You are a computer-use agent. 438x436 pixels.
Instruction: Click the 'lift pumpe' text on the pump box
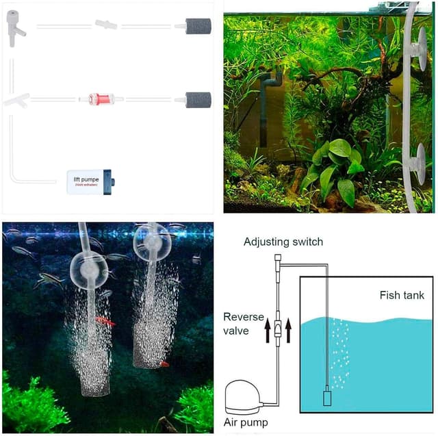tap(86, 179)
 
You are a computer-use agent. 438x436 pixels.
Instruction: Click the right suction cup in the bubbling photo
tap(151, 241)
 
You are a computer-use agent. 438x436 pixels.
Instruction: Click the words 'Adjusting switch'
tap(283, 242)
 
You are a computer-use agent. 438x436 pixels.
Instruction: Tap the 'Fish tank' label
tap(402, 296)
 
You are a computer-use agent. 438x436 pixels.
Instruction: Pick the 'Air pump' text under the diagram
tap(246, 422)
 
